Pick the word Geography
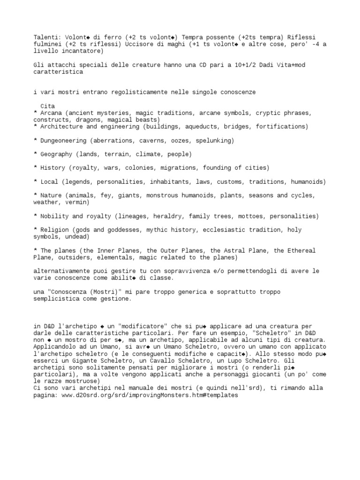coord(55,154)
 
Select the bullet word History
coord(52,168)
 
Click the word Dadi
coord(262,65)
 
